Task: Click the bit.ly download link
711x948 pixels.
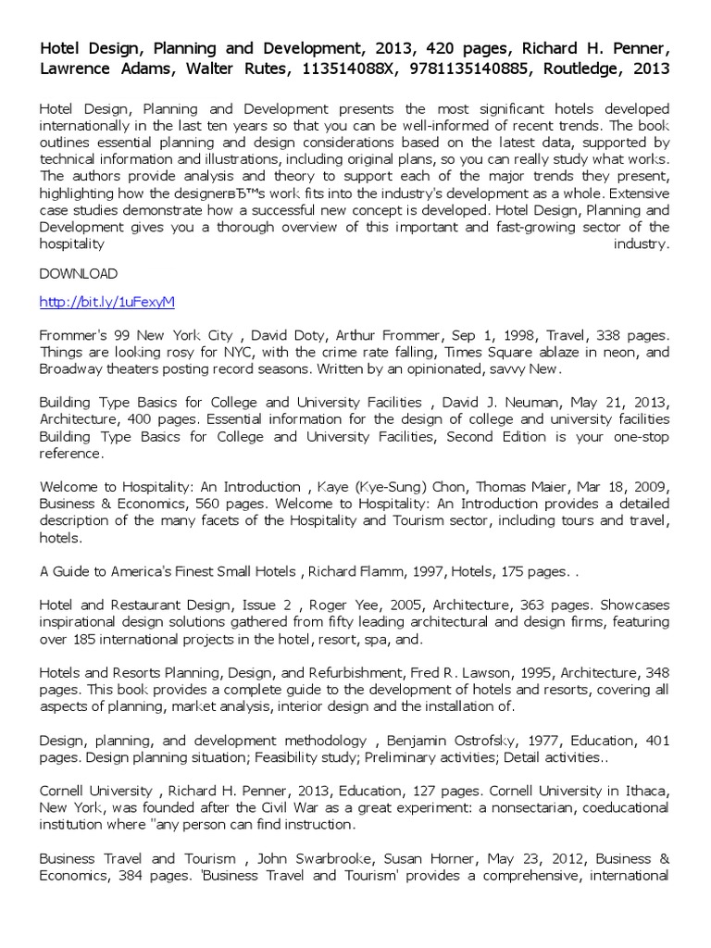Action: (x=107, y=303)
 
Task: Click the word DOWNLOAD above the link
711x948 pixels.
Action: (x=78, y=274)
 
